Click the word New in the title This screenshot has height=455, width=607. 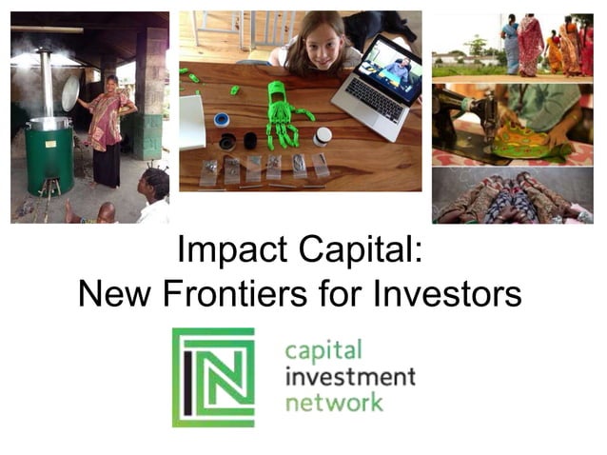coord(114,293)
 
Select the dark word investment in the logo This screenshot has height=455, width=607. coord(350,376)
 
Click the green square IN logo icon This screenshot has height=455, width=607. coord(213,377)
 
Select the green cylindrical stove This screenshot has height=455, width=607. coord(49,157)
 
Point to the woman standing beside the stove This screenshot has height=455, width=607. coord(108,129)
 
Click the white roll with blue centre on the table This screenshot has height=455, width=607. coord(222,120)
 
